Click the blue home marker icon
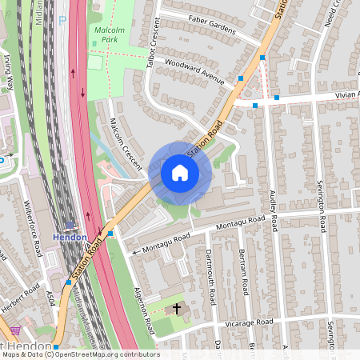click(179, 172)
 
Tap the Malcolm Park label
click(109, 34)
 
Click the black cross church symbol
click(176, 307)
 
